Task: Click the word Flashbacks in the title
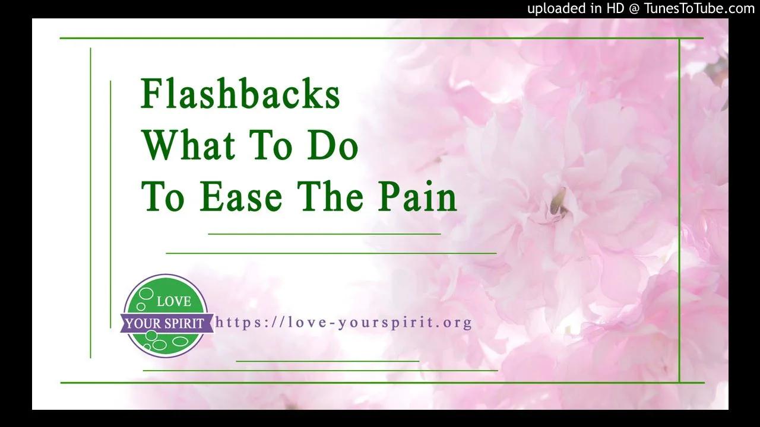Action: pos(240,94)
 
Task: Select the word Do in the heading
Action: pos(332,145)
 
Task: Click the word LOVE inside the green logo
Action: pos(173,302)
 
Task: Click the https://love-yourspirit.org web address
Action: pos(344,323)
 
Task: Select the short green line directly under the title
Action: pos(324,234)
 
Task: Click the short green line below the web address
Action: pos(328,361)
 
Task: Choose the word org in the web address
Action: pos(458,323)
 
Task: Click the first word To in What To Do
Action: pos(269,145)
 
